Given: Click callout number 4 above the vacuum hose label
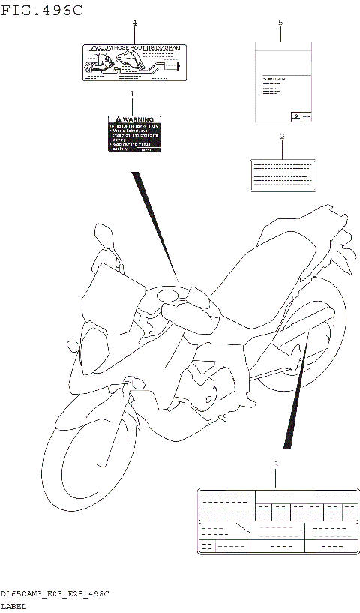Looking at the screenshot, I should pyautogui.click(x=134, y=23).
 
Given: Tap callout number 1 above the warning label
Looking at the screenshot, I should pyautogui.click(x=133, y=95).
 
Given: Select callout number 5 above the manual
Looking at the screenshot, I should pyautogui.click(x=280, y=23).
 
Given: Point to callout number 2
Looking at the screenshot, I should pyautogui.click(x=282, y=137).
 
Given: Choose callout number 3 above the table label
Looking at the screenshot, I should pyautogui.click(x=275, y=464).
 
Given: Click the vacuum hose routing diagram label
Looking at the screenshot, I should pyautogui.click(x=134, y=62).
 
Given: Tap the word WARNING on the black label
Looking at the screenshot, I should pyautogui.click(x=139, y=119).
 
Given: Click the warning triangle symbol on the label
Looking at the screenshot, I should pyautogui.click(x=115, y=119).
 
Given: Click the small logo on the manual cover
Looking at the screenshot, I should pyautogui.click(x=295, y=115).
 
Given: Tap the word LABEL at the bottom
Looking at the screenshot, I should pyautogui.click(x=14, y=605).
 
